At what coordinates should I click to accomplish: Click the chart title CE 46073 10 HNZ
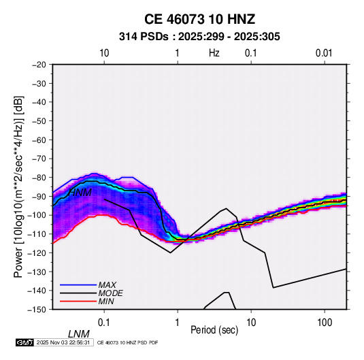199,19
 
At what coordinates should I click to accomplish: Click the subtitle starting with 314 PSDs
199,37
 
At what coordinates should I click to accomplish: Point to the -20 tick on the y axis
39,65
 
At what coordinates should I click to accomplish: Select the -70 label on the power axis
39,159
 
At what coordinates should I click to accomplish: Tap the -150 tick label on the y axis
37,310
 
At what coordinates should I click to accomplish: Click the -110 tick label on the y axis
37,234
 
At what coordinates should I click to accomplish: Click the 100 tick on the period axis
325,323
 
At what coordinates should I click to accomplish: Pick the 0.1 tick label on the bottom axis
104,323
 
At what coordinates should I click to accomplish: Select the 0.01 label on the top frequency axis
324,53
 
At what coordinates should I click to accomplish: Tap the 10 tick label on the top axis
104,53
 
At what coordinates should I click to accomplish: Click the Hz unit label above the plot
214,53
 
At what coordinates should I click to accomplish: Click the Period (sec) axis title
214,330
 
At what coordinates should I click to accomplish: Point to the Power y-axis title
18,187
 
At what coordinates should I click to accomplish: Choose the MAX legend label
107,285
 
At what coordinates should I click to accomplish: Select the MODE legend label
110,293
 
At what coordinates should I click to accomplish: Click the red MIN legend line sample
78,301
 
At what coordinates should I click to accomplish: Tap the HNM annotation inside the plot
80,193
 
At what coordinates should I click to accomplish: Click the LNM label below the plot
79,334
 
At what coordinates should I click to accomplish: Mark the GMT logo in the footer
25,342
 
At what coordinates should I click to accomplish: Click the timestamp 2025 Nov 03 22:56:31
63,342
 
